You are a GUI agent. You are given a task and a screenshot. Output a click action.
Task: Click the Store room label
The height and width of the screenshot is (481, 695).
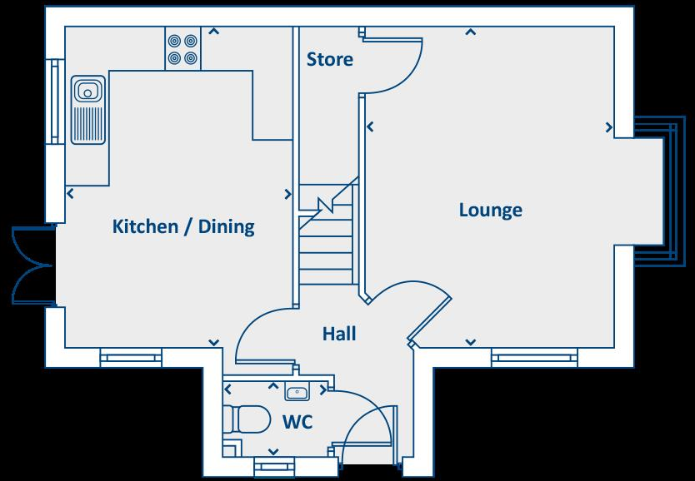pos(329,60)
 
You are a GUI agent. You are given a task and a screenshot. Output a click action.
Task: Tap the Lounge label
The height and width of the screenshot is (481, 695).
pos(490,211)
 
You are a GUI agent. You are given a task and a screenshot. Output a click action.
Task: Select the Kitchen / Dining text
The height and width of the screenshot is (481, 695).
pos(183,226)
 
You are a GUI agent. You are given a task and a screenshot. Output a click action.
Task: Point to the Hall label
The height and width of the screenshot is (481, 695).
pos(339,335)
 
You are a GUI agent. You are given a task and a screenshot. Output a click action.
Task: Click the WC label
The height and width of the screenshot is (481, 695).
pos(297,423)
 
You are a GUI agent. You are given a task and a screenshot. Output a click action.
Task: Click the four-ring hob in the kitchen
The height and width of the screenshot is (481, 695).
pos(184,49)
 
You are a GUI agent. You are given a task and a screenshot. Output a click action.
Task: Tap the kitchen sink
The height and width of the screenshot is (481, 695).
pos(87,108)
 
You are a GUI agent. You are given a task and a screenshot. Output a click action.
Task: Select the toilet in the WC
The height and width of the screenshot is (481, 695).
pos(247,419)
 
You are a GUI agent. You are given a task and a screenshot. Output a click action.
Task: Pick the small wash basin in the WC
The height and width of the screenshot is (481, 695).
pos(297,392)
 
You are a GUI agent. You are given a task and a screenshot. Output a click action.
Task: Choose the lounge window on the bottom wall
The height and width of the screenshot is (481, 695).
pos(533,359)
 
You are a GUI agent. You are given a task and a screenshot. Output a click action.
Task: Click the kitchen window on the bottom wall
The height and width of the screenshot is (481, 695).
pos(131,359)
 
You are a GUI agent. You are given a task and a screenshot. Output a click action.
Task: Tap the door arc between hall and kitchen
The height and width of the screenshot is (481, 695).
pos(254,333)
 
